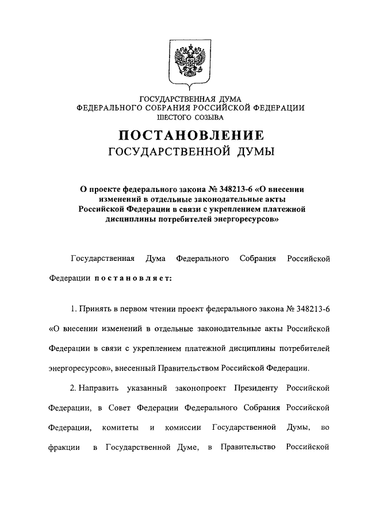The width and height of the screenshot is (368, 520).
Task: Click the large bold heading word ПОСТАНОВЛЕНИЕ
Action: click(x=191, y=136)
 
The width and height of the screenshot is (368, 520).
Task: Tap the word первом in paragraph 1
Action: click(x=144, y=309)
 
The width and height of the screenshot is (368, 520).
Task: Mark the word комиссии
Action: click(x=182, y=427)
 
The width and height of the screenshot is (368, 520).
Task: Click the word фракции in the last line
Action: click(x=64, y=447)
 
